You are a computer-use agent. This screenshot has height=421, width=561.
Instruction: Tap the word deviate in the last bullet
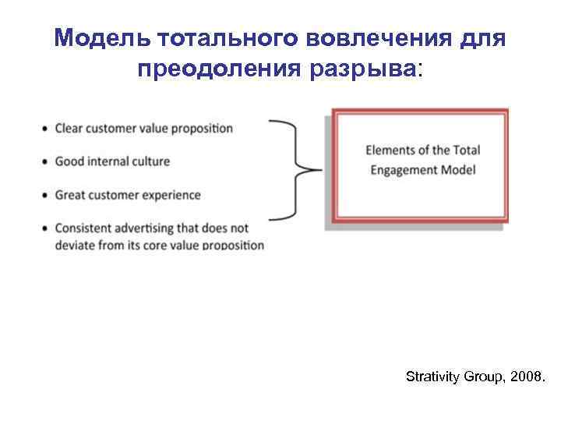pyautogui.click(x=75, y=245)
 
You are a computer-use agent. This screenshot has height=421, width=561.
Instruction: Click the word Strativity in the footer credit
pyautogui.click(x=432, y=377)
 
